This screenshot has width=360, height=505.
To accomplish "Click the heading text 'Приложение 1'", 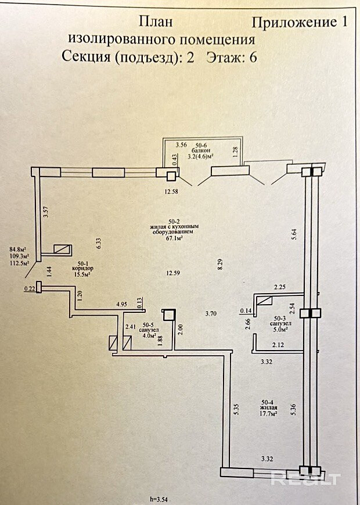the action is coord(300,22).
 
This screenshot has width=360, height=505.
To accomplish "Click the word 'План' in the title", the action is coord(156,22).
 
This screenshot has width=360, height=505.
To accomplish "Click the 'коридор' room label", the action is coord(83,269).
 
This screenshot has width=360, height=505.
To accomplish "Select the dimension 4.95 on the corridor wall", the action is coord(121,304).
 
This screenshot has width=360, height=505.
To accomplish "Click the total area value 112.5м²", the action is coord(19,261).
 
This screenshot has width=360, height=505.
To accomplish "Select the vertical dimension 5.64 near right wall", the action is coord(294,235).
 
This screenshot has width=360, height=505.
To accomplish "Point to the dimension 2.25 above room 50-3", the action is coord(280,286).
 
